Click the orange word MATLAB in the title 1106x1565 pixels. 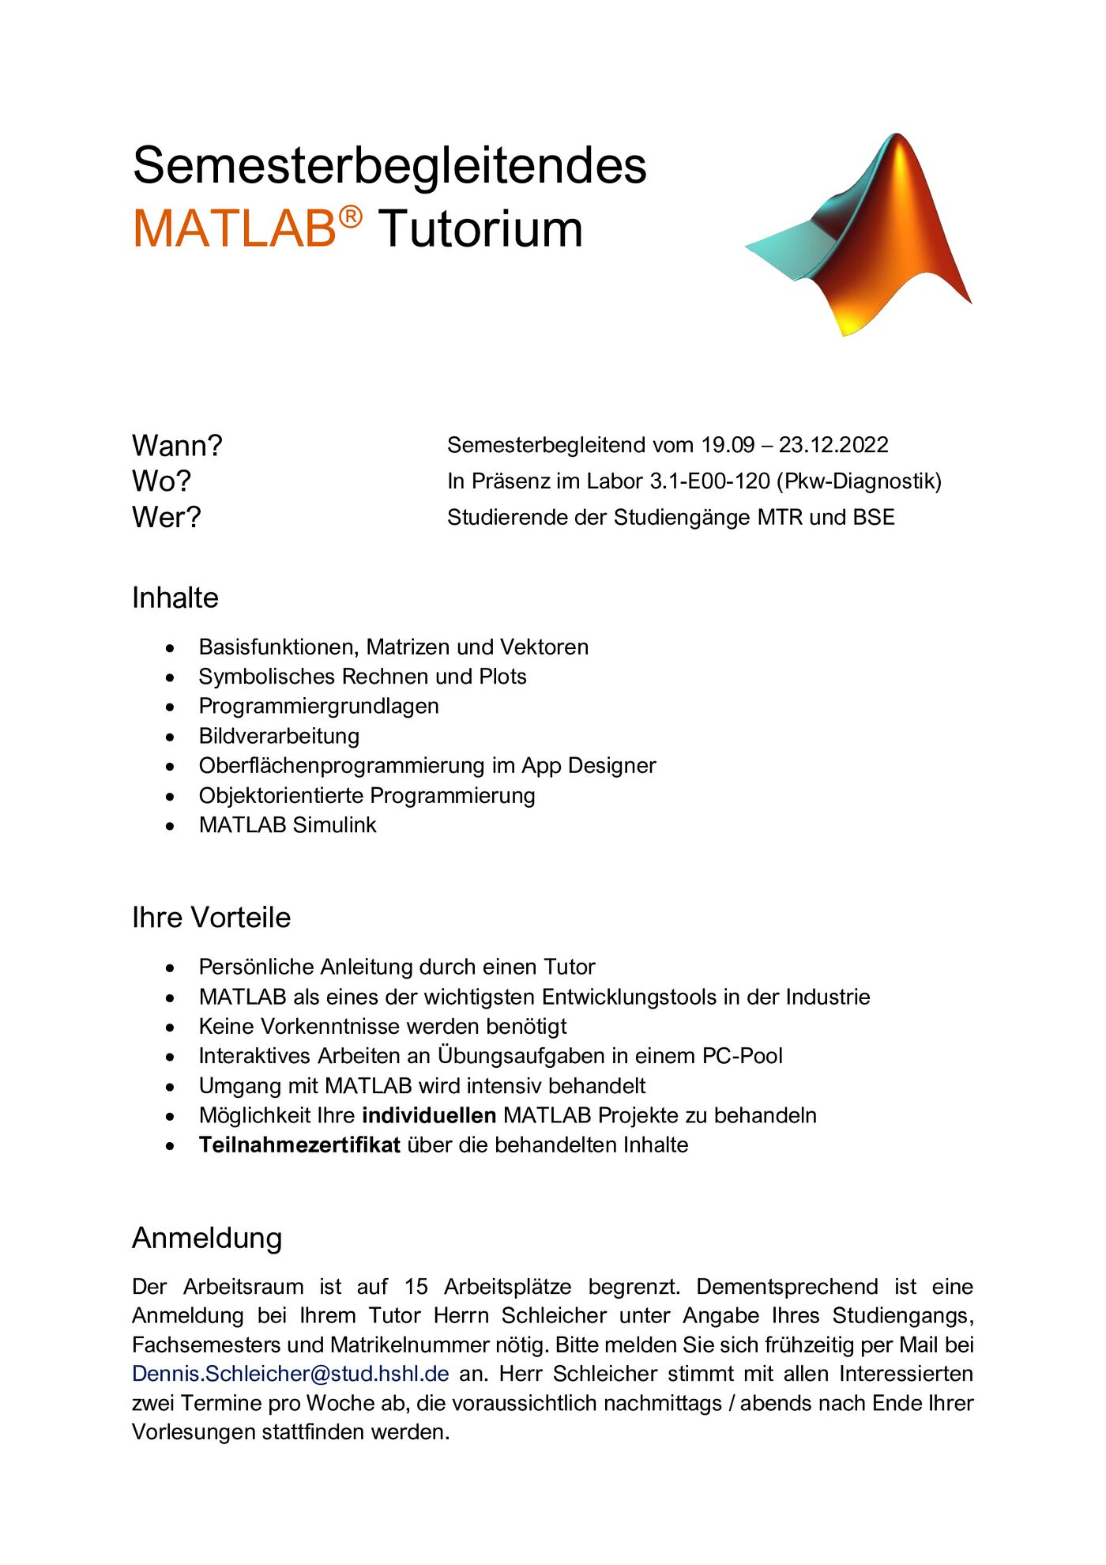[235, 229]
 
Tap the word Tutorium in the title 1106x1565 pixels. [480, 229]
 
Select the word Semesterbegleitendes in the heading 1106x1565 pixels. [389, 166]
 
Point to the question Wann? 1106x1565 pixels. [177, 446]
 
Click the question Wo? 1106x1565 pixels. [161, 481]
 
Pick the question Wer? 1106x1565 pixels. [166, 518]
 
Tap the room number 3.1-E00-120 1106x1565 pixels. [709, 481]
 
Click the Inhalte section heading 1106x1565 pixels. [175, 598]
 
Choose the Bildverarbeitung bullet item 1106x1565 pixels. [279, 736]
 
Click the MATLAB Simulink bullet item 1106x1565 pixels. [288, 825]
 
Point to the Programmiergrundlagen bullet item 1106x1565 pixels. [318, 706]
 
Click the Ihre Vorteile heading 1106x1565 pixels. [211, 918]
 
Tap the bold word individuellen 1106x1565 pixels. [429, 1115]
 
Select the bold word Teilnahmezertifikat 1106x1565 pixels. [299, 1145]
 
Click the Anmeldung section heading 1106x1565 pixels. [207, 1238]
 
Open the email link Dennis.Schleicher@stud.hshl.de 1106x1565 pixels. [291, 1374]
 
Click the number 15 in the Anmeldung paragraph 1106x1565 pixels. [416, 1287]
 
